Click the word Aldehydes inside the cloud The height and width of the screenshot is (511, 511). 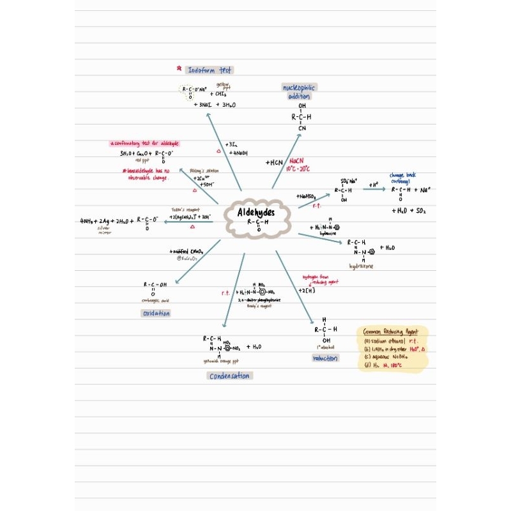click(256, 213)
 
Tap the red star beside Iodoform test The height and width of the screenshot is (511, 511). click(179, 69)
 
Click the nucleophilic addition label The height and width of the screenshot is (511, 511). click(299, 91)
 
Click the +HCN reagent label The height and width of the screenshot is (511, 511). click(274, 163)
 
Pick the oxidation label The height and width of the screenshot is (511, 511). click(156, 314)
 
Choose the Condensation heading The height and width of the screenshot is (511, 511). click(230, 376)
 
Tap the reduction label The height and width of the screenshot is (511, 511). click(325, 358)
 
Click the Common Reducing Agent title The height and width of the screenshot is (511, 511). click(391, 332)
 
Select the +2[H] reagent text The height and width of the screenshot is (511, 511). click(306, 291)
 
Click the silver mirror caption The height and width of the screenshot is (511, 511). click(103, 230)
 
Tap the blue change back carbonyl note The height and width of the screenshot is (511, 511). click(402, 178)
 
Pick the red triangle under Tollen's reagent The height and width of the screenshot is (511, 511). click(192, 227)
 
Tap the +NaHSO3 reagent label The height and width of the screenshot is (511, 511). click(307, 196)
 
